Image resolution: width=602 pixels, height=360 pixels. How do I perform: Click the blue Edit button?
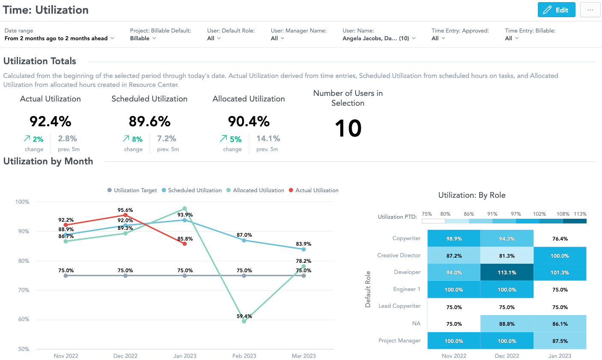tap(556, 10)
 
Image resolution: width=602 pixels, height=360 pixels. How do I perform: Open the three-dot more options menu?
tap(590, 10)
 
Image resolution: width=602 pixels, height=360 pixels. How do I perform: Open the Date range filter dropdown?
tap(59, 38)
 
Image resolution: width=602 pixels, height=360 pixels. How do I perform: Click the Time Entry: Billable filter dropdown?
tap(511, 38)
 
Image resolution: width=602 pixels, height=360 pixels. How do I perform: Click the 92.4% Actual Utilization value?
tap(50, 122)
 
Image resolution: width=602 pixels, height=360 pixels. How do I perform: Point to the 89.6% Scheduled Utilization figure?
tap(150, 122)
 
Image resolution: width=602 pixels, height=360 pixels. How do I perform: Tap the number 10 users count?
tap(348, 128)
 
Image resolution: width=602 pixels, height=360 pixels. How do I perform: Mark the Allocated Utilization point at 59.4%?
tap(244, 321)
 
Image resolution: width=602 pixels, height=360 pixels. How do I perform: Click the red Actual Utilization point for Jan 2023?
tap(185, 244)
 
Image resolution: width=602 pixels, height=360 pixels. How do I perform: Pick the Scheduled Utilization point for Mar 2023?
tap(304, 249)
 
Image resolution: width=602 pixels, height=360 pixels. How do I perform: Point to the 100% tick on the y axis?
tap(22, 202)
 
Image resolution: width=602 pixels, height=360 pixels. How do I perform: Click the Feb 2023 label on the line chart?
tap(244, 356)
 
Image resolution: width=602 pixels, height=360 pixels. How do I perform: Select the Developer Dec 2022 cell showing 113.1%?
tap(507, 272)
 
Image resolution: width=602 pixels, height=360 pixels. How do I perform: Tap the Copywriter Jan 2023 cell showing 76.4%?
tap(560, 238)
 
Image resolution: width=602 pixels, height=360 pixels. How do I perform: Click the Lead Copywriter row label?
tap(399, 306)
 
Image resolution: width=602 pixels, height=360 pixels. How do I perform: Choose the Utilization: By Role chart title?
tap(472, 195)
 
